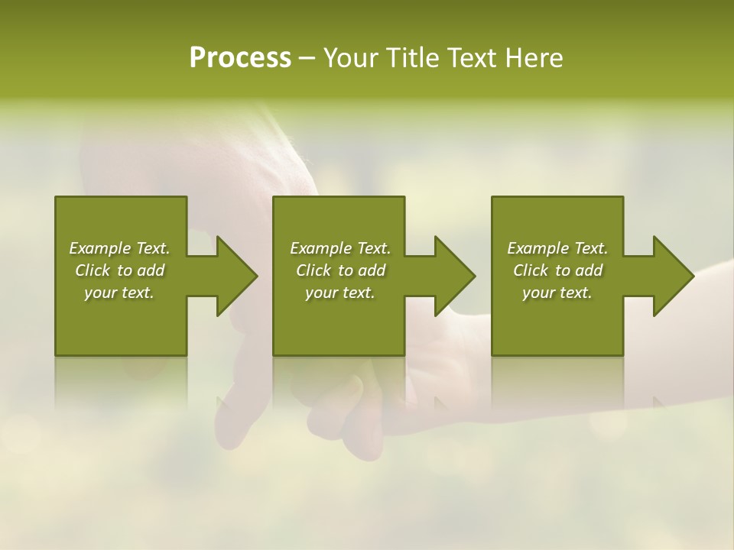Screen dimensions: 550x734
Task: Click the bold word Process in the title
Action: click(240, 58)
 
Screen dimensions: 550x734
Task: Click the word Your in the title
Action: click(349, 58)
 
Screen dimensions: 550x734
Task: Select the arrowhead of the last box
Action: click(673, 276)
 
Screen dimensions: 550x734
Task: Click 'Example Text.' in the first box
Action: click(119, 248)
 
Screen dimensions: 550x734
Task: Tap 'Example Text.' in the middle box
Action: click(340, 248)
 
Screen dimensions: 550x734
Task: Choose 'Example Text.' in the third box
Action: click(557, 248)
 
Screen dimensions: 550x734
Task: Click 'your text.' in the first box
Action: click(119, 293)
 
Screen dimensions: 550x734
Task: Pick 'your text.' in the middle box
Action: click(340, 293)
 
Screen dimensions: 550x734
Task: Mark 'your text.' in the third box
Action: click(557, 293)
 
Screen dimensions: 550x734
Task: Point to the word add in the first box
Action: click(151, 270)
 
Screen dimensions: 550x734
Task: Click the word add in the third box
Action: click(589, 270)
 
